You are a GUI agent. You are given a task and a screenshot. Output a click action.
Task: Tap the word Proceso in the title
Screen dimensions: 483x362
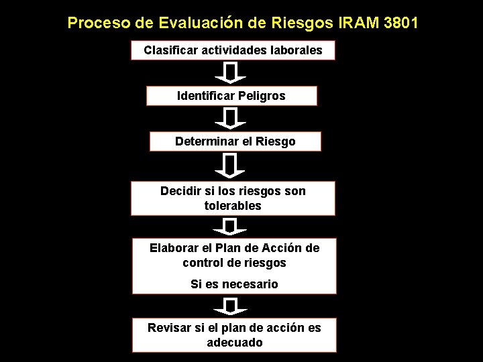(x=99, y=23)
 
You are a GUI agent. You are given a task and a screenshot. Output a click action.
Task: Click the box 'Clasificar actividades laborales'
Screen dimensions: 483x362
(x=233, y=50)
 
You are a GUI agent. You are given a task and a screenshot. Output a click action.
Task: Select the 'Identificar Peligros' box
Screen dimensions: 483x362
(x=231, y=96)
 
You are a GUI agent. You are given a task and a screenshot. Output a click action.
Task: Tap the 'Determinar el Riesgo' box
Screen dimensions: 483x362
(x=235, y=141)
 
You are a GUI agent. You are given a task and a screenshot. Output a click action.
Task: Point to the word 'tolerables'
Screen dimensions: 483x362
(x=233, y=206)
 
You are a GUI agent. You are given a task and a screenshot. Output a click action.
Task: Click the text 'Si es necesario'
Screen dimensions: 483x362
(x=234, y=284)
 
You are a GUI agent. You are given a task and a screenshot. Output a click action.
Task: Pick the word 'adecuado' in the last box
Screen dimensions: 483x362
(x=234, y=343)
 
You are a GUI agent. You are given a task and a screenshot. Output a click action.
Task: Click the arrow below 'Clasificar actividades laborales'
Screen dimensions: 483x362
(x=230, y=72)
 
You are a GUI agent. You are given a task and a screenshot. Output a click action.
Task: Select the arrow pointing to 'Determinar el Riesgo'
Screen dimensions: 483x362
(x=230, y=119)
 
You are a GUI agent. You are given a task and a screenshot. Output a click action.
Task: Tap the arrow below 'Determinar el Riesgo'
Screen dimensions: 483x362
(x=230, y=165)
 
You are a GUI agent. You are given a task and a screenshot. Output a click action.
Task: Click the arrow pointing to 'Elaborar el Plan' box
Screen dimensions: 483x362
(x=230, y=226)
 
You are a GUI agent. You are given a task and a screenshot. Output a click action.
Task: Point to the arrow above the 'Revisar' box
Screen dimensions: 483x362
(x=230, y=307)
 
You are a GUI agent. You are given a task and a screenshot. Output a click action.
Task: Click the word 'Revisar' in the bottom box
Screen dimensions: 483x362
(x=170, y=328)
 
